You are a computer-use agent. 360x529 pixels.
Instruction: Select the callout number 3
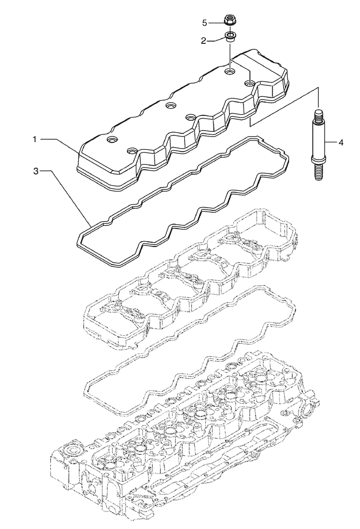point(35,171)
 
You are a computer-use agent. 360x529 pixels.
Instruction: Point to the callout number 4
point(341,142)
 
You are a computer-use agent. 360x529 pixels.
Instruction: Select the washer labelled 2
point(230,38)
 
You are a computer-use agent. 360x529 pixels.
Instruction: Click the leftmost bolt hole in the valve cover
point(112,140)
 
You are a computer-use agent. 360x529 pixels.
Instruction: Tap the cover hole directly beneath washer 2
point(229,69)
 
